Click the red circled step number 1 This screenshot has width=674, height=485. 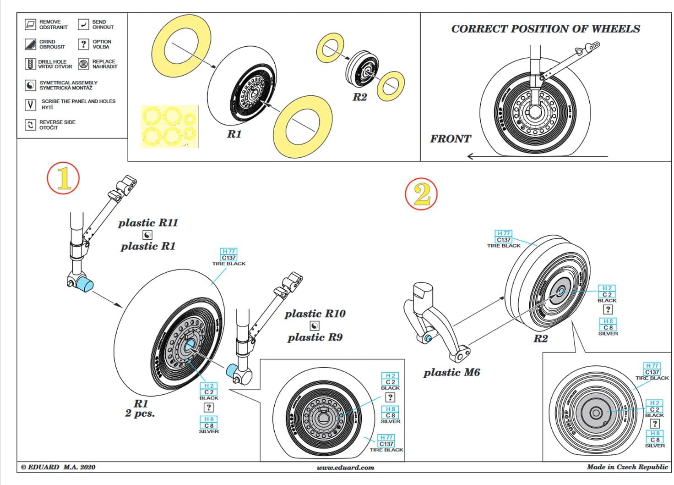click(63, 178)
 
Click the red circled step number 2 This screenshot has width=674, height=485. click(421, 194)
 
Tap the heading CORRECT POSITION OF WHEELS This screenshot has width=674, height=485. click(545, 29)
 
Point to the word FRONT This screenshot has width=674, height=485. click(450, 139)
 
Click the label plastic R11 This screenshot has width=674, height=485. click(148, 223)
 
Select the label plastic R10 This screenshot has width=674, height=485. click(315, 314)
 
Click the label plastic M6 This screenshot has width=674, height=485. click(451, 373)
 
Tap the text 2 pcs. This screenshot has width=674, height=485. click(140, 413)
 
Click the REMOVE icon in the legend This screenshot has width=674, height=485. click(31, 24)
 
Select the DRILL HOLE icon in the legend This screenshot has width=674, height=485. click(30, 64)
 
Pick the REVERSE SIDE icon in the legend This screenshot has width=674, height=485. click(30, 125)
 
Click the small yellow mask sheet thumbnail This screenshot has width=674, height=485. click(170, 127)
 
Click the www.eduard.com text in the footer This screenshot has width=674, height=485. click(345, 468)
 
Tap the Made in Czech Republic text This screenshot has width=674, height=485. click(627, 467)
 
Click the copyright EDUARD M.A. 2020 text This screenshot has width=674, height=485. click(58, 467)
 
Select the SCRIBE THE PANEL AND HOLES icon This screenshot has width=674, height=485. click(30, 105)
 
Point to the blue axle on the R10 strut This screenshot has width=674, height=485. click(232, 370)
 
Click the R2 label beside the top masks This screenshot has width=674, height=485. click(359, 97)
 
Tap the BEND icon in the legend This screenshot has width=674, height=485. click(83, 24)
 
